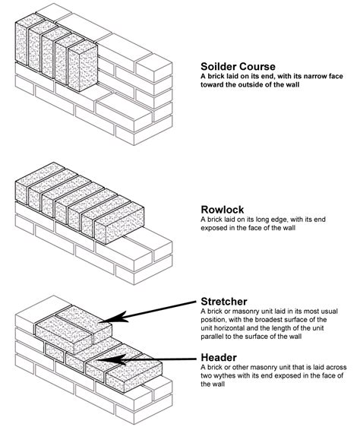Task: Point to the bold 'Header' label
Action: (221, 356)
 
